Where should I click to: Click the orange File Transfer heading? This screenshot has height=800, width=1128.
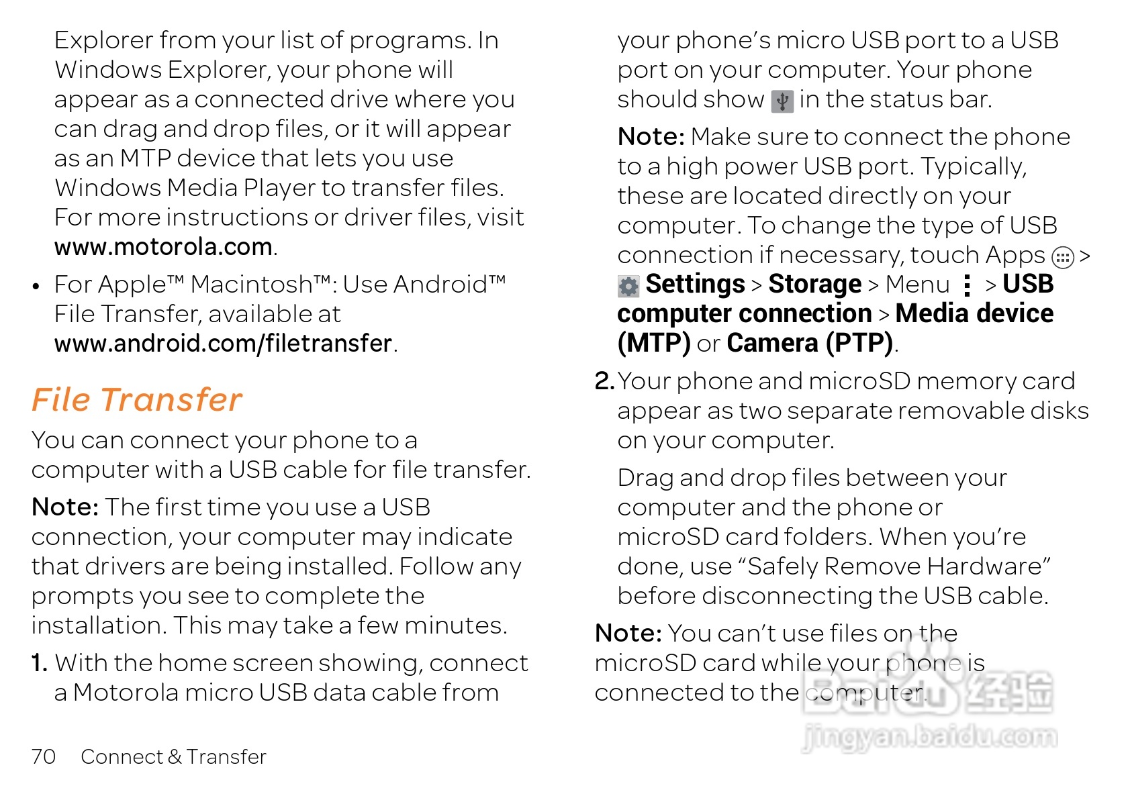tap(136, 400)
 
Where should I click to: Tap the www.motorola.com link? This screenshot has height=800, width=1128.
tap(163, 247)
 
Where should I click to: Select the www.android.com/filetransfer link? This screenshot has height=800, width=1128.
tap(223, 344)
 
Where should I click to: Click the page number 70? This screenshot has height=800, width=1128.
tap(44, 756)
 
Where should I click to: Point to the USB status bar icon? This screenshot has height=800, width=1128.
tap(782, 101)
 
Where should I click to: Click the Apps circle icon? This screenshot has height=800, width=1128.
tap(1062, 257)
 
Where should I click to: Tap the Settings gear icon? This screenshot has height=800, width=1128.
tap(628, 287)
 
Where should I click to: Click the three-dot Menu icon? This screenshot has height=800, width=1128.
tap(967, 285)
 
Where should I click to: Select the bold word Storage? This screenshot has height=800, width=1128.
tap(814, 285)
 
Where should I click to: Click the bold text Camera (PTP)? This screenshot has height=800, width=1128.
tap(810, 344)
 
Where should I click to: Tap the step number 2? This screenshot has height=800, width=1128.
tap(604, 381)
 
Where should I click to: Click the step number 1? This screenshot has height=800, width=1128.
tap(39, 663)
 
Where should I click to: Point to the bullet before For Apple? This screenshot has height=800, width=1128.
tap(36, 287)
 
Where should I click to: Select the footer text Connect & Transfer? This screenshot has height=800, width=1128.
tap(173, 756)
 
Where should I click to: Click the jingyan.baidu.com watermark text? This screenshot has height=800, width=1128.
tap(929, 737)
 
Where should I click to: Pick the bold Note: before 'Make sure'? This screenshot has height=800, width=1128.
tap(651, 137)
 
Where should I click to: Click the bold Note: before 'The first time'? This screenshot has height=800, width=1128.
tap(65, 507)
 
